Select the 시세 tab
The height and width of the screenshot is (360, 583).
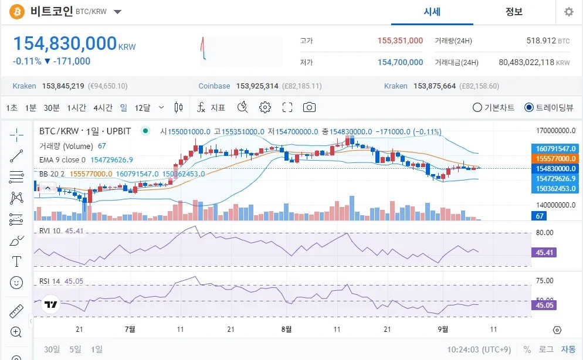tap(432, 12)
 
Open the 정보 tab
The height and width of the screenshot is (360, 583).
tap(514, 12)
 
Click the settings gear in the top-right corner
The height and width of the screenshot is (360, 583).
tap(568, 12)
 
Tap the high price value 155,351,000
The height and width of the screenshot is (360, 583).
tap(400, 40)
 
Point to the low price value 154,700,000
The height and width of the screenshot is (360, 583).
tap(400, 62)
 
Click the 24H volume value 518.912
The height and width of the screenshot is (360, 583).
tap(540, 40)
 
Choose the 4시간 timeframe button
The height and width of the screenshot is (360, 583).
tap(103, 107)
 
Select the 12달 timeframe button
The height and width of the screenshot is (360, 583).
tap(143, 107)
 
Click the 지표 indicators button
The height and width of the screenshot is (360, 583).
tap(211, 107)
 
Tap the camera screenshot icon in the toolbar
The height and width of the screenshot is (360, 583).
tap(309, 107)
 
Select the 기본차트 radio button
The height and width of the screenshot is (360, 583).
tap(477, 107)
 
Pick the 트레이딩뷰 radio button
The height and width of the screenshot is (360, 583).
tap(529, 107)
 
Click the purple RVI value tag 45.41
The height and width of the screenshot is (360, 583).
tap(545, 253)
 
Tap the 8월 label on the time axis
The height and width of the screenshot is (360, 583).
tap(286, 330)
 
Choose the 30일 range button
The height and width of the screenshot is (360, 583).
tap(52, 349)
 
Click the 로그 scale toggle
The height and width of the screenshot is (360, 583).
tap(545, 349)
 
